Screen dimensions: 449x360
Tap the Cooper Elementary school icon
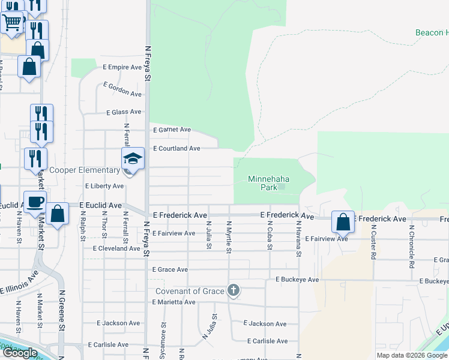(x=133, y=159)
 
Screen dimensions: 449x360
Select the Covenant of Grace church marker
(x=234, y=291)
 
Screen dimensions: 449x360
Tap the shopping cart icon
(x=12, y=23)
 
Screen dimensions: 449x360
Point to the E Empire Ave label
(x=122, y=67)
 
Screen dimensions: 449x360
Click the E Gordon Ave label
(x=122, y=90)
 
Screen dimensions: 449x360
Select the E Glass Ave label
(x=124, y=112)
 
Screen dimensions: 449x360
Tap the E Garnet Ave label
(x=172, y=130)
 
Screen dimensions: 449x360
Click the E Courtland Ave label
(x=177, y=148)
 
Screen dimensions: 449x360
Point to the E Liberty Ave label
(x=104, y=187)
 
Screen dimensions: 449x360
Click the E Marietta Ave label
(x=173, y=302)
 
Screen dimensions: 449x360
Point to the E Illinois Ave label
(x=19, y=281)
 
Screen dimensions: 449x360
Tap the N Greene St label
(x=62, y=311)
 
